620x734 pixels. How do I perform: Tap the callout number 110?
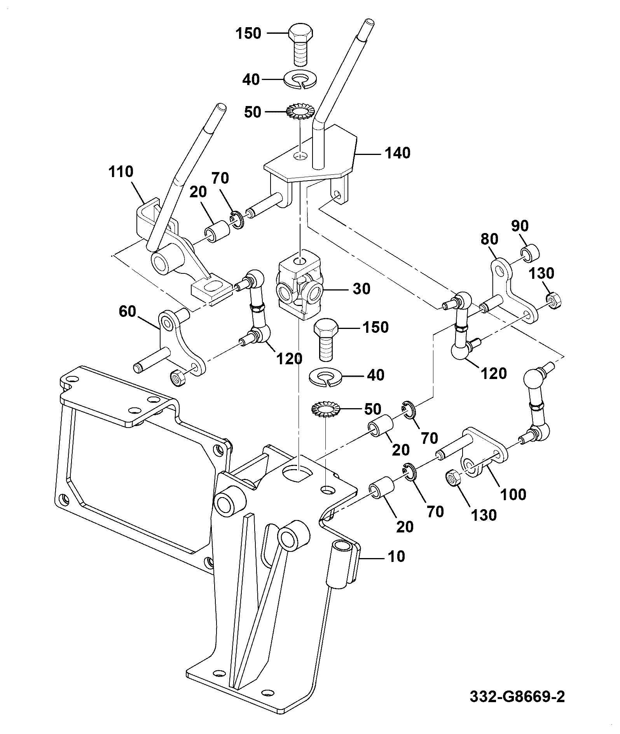[121, 171]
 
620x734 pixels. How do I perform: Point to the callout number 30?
[361, 289]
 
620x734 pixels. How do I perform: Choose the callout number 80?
[489, 239]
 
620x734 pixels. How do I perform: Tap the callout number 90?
[520, 226]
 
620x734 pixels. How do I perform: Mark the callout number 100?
[513, 494]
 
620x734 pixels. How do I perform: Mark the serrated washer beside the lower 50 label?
[325, 410]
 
